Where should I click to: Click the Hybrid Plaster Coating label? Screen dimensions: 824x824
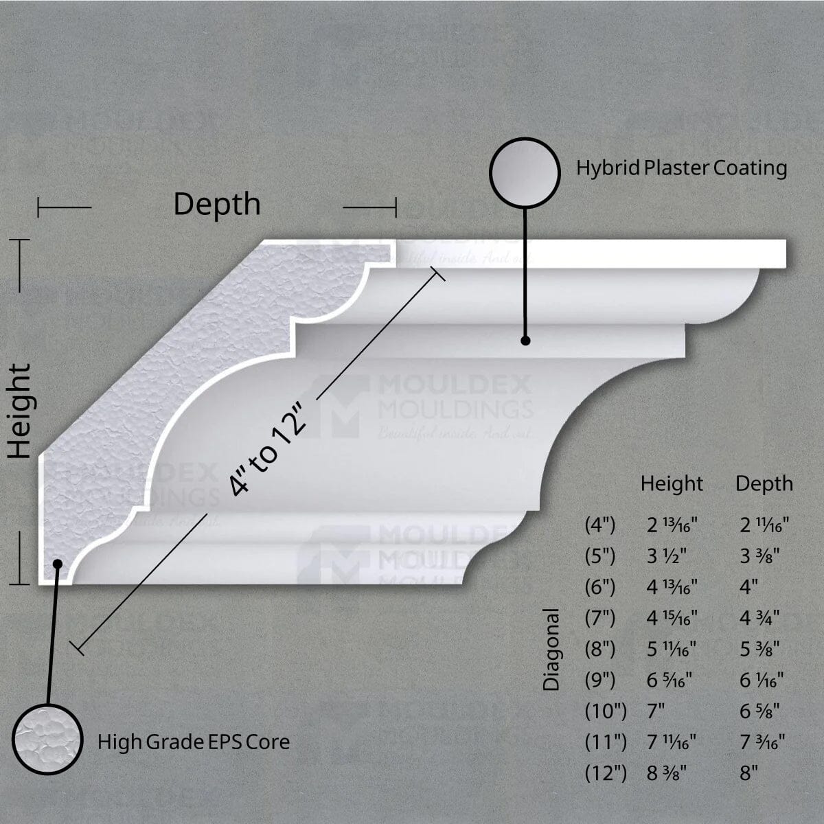pos(681,168)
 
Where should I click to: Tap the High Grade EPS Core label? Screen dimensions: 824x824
pos(193,742)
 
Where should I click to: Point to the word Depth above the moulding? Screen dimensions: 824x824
pos(217,204)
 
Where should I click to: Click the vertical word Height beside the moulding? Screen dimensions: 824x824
pos(21,411)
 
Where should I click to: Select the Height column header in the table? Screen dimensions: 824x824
pos(672,483)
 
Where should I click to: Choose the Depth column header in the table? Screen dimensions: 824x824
pos(764,483)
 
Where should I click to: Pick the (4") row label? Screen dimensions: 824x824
pos(600,526)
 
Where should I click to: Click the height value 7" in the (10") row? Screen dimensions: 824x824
pos(656,711)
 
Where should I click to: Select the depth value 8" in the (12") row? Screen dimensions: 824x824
pos(748,773)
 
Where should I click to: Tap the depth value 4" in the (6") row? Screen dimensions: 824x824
pos(748,588)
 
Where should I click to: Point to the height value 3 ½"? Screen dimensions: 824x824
pos(667,556)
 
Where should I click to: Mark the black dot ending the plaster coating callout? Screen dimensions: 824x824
pos(525,340)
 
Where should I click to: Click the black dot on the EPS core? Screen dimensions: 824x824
pos(58,564)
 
